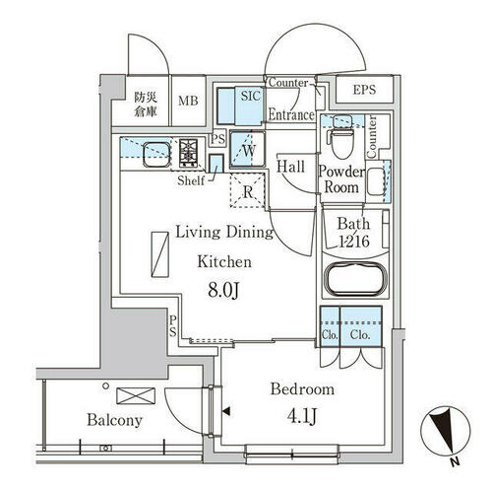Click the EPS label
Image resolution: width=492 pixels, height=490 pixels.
tap(364, 90)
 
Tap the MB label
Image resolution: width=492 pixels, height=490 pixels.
tap(188, 101)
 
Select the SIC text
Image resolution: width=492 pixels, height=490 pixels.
tap(251, 96)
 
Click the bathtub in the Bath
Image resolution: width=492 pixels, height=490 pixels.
tap(355, 279)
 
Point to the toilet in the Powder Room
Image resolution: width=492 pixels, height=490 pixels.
tap(342, 139)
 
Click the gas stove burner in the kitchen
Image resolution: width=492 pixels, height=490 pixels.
tap(188, 153)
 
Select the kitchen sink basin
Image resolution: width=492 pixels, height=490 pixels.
tap(156, 154)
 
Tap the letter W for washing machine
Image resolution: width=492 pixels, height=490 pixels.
tap(249, 151)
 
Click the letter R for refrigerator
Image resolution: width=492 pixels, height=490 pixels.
tap(248, 192)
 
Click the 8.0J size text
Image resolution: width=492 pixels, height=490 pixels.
tap(223, 291)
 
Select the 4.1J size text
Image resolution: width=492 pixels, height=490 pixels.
tap(302, 417)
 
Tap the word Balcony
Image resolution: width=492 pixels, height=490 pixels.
tap(114, 420)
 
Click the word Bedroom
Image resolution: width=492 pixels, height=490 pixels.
tap(302, 389)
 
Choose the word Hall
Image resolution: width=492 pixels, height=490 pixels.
tap(290, 167)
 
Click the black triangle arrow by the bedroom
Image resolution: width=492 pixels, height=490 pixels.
tap(226, 411)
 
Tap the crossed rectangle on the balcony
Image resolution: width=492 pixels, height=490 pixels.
tap(136, 395)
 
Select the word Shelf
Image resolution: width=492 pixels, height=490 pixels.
tap(191, 180)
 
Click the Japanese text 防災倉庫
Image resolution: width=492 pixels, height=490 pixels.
tap(146, 105)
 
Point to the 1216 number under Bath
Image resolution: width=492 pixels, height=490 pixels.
tap(354, 242)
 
